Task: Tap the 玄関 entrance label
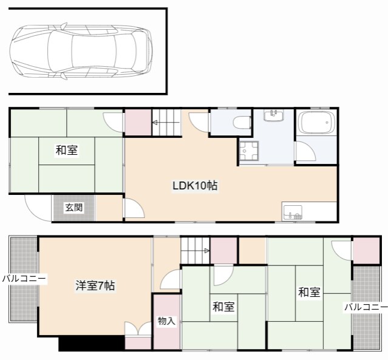click(74, 208)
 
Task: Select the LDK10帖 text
click(194, 186)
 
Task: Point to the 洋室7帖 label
click(95, 285)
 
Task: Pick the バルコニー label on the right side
click(366, 307)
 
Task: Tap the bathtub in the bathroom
click(316, 124)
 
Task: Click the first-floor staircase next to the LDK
click(166, 123)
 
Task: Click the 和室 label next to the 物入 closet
click(223, 307)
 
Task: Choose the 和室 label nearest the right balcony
click(308, 293)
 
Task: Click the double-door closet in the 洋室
click(138, 336)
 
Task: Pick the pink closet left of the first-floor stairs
click(137, 123)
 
